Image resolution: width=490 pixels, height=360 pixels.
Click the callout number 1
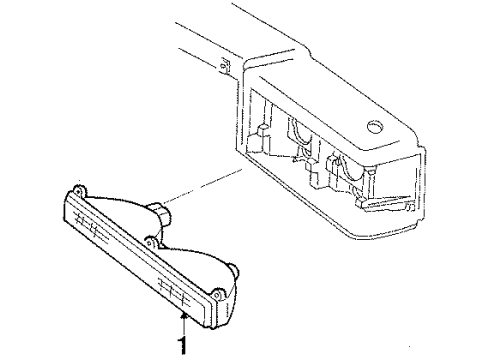[182, 348]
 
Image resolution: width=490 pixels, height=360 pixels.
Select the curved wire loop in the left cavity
[297, 131]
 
